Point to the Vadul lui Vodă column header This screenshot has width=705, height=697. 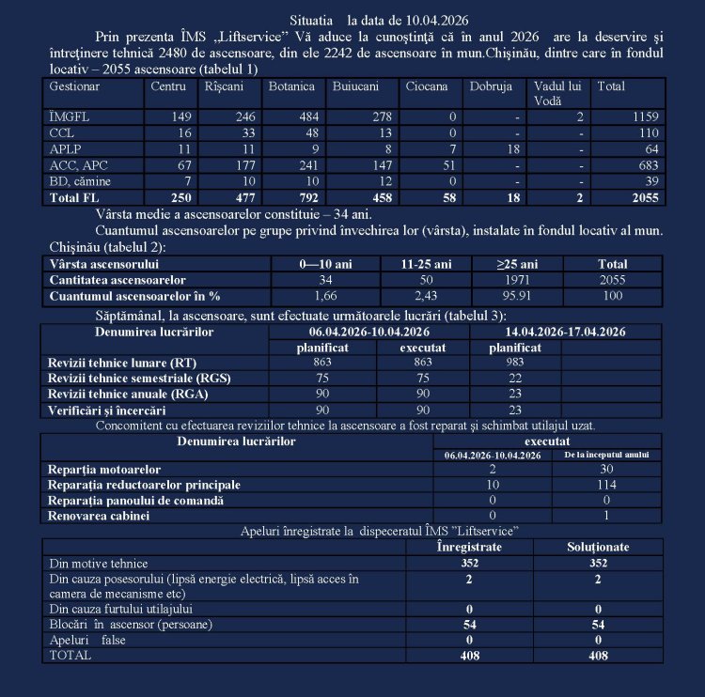[x=555, y=93]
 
